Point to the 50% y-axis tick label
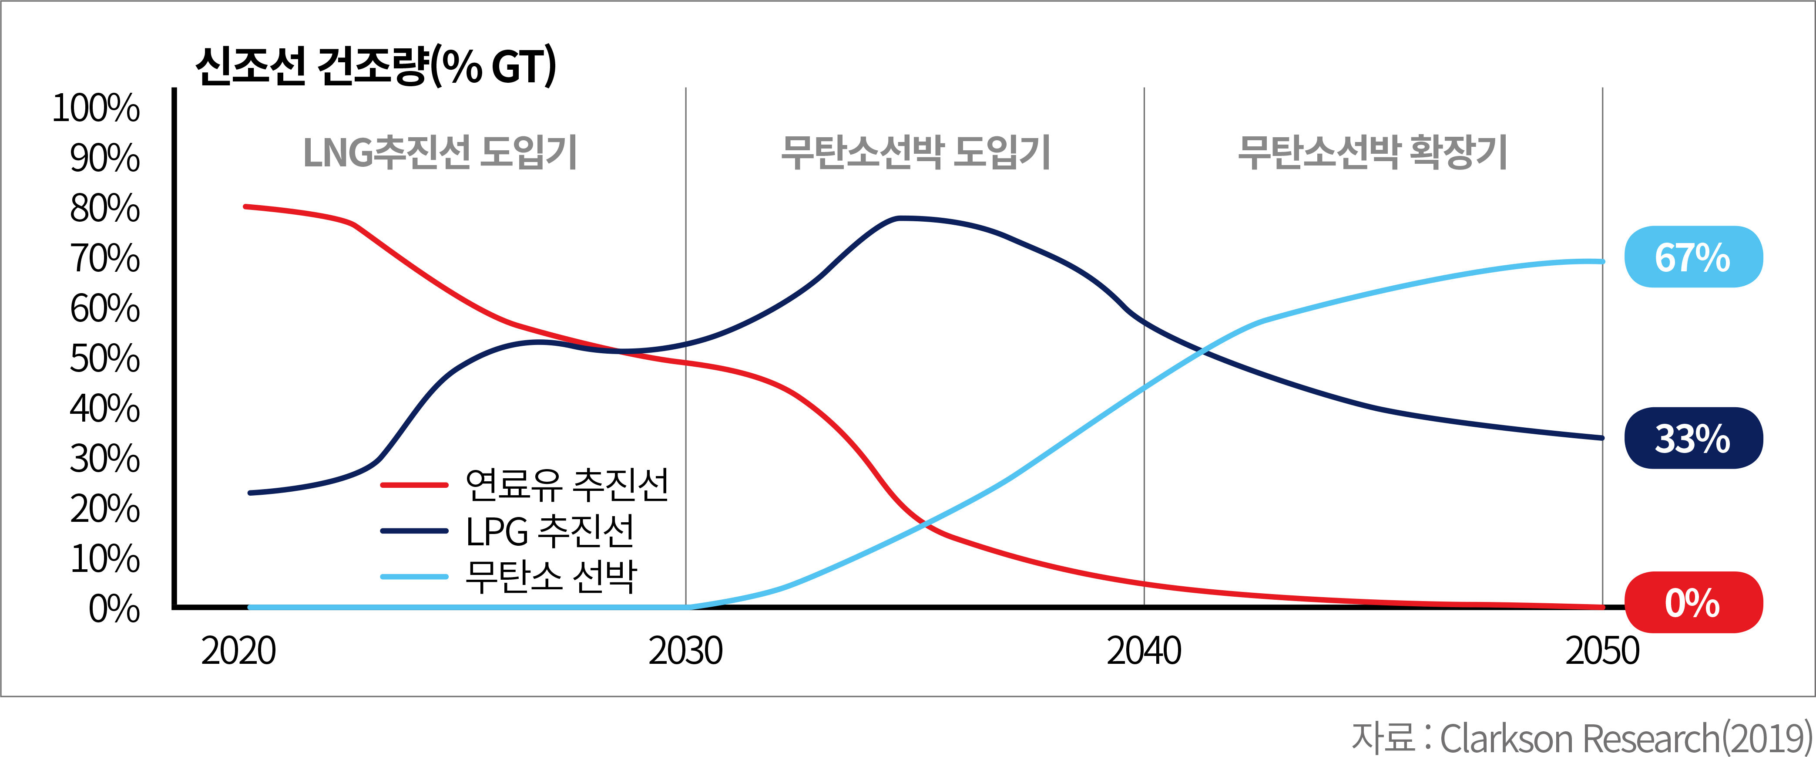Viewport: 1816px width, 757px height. pos(104,358)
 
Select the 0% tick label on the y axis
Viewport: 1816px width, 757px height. pos(114,608)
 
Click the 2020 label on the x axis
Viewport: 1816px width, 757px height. pos(238,650)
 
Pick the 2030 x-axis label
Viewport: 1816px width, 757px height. pos(685,650)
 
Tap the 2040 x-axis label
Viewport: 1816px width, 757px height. pos(1144,650)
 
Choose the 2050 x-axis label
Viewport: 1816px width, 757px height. pos(1602,650)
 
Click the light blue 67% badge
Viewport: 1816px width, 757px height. pos(1693,257)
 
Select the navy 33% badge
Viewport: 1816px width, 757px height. pos(1693,438)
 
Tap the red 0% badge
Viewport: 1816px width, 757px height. pos(1693,602)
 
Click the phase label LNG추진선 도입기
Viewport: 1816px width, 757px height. pos(440,152)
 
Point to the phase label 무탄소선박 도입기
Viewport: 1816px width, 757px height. pos(915,152)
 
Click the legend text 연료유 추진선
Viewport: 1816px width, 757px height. pos(567,485)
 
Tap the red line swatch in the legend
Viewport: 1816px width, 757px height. pos(415,485)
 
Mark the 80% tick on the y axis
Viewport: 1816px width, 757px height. pos(104,208)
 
